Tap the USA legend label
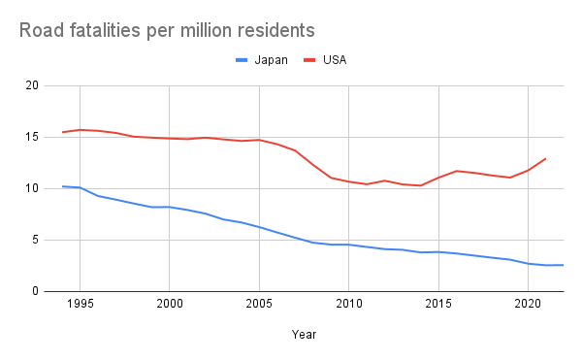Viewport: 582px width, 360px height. tap(335, 60)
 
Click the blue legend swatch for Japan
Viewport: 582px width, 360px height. tap(242, 60)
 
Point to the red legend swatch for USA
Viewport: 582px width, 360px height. tap(310, 60)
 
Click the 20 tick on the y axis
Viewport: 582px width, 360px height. tap(32, 85)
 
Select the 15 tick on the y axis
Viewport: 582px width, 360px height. tap(32, 137)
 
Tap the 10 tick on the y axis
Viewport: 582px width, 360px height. tap(32, 188)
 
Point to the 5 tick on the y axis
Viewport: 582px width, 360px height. tap(35, 240)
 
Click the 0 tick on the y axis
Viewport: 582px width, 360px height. tap(35, 291)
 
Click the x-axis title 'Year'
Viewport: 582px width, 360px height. tap(304, 335)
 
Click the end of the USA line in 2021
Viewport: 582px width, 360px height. tap(546, 158)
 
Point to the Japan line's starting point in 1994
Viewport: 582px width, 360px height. tap(62, 186)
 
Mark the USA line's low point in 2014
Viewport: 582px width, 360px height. tap(420, 185)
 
